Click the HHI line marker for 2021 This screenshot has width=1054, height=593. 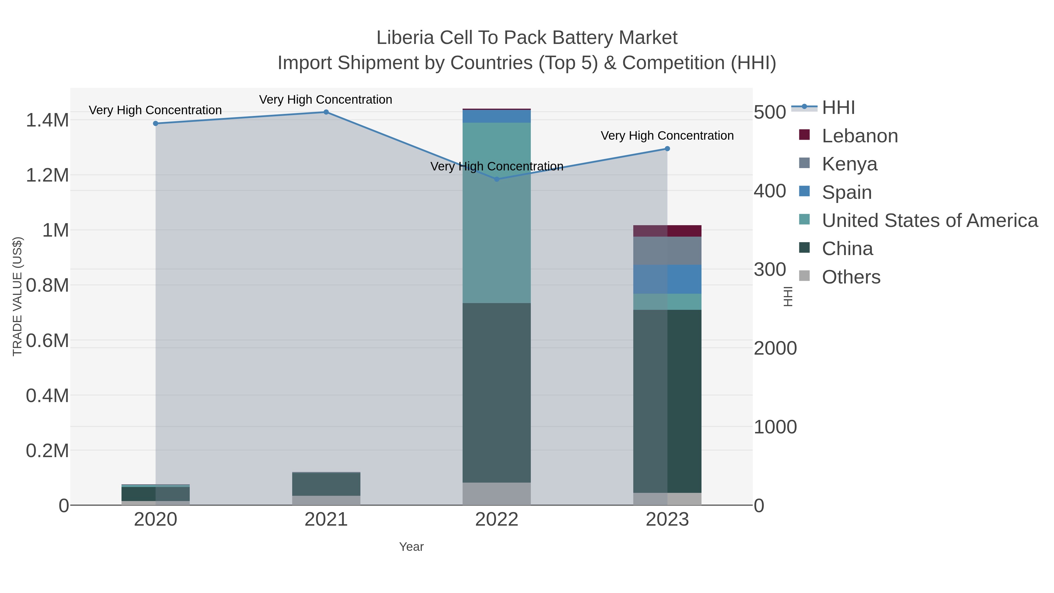326,112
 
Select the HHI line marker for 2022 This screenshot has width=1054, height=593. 497,179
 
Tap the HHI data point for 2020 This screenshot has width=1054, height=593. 155,124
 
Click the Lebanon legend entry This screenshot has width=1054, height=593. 859,136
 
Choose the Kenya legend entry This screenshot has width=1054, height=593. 849,164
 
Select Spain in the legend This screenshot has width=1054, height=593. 846,192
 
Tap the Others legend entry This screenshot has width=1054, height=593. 851,277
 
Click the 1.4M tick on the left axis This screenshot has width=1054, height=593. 47,120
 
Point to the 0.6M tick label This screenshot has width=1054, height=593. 47,341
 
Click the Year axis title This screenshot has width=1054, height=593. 411,547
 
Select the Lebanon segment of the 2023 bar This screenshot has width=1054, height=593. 667,231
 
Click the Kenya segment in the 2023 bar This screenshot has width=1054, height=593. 667,250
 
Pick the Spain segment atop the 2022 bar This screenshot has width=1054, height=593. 497,116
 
